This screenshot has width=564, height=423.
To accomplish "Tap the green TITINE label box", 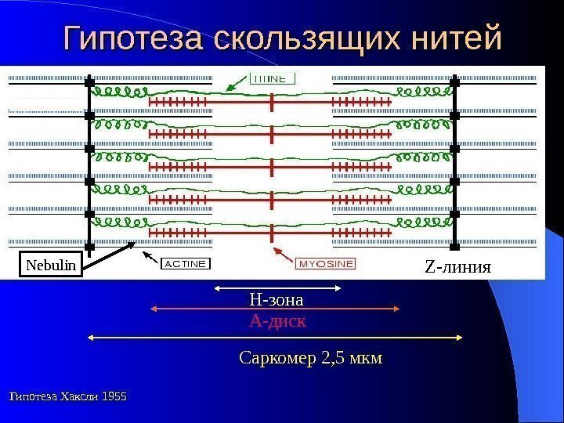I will click(273, 78).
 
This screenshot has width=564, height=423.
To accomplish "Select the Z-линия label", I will click(457, 266).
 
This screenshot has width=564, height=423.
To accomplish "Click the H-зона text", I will click(276, 299).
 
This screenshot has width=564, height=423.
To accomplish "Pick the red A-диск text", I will click(277, 321).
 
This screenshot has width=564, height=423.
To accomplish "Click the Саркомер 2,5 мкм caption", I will click(310, 359).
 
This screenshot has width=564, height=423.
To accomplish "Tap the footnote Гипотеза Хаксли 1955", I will click(67, 397).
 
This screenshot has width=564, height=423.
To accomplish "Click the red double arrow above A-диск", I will click(276, 310).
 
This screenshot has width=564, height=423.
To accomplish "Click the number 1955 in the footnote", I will click(111, 397).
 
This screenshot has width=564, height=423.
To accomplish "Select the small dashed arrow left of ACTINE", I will click(149, 256).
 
